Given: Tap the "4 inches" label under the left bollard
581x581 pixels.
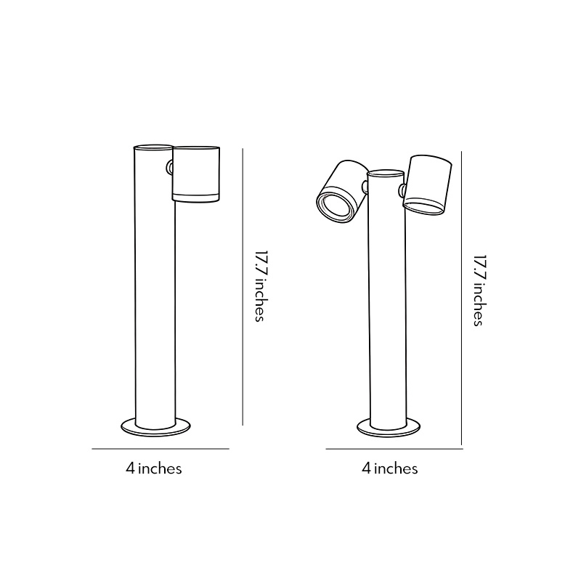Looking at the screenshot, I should pos(153,468).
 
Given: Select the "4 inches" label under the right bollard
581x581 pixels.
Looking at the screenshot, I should pos(390,468).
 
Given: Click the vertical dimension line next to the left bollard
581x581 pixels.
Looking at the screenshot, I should pos(243,290).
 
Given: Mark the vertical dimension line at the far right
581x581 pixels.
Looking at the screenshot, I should pos(463,298).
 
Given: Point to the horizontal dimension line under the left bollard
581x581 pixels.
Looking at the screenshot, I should pos(160,450).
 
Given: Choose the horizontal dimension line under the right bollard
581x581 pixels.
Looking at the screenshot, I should pos(394,450).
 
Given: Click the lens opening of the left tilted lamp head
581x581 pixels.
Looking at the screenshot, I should pos(334,205).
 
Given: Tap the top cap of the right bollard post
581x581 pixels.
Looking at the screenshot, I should pos(386,174).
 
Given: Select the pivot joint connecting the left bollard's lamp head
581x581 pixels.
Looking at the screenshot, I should pos(170,168).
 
